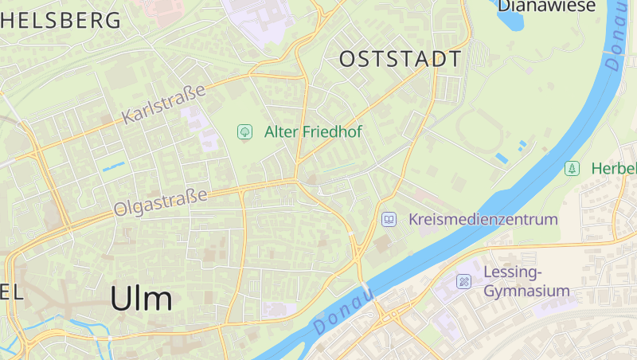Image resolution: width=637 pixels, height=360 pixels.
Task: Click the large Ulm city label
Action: (x=141, y=299)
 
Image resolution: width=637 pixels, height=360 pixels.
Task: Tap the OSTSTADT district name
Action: (x=400, y=59)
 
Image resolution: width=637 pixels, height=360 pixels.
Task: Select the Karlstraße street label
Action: (x=163, y=104)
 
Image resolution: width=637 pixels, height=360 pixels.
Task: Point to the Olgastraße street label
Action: (x=160, y=202)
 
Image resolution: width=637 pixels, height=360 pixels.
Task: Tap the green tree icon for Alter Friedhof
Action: (x=244, y=131)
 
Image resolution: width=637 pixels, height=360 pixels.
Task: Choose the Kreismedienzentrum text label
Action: (x=483, y=219)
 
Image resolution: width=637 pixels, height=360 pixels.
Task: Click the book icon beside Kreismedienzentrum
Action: (x=389, y=219)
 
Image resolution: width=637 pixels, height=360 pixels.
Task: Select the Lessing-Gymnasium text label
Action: (x=526, y=282)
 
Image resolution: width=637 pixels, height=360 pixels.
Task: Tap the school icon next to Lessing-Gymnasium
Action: (x=464, y=281)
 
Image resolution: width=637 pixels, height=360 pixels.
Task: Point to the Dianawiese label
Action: (x=546, y=6)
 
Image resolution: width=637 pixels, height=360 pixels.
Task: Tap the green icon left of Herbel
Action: (x=572, y=168)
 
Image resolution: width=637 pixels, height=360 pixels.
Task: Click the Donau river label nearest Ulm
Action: (x=343, y=311)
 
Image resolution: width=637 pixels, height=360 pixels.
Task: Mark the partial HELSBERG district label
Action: (x=61, y=20)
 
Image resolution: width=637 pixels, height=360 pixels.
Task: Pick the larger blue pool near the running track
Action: (x=502, y=158)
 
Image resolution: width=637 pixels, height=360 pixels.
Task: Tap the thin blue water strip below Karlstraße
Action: (x=113, y=167)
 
